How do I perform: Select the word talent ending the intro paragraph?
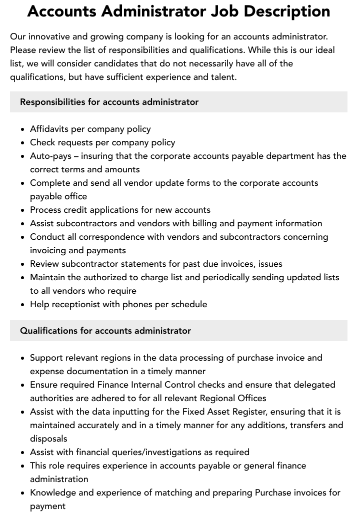pos(221,77)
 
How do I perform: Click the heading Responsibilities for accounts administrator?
pos(109,102)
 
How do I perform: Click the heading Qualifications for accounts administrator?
pos(105,331)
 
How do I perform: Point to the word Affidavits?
pos(49,129)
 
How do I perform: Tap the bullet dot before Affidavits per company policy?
pos(23,129)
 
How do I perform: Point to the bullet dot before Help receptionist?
pos(23,305)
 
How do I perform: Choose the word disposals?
pos(48,439)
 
